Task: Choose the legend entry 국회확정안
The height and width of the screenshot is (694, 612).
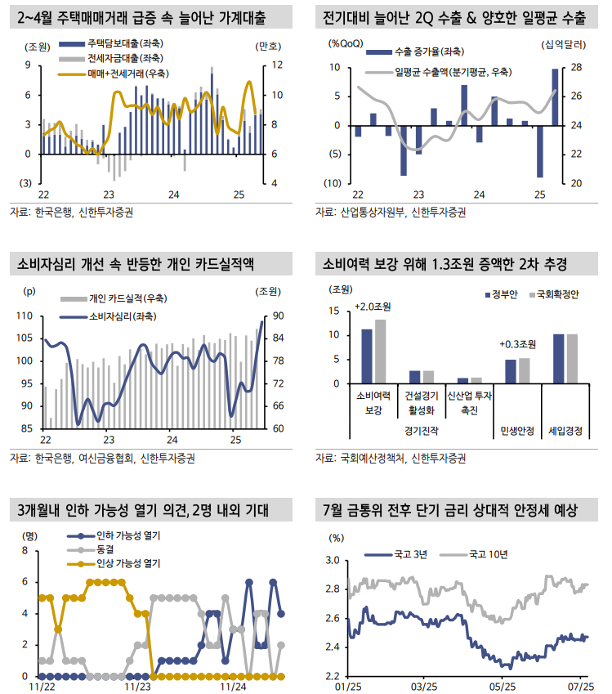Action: [x=558, y=294]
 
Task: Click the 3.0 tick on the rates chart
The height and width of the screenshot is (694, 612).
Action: [x=333, y=561]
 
